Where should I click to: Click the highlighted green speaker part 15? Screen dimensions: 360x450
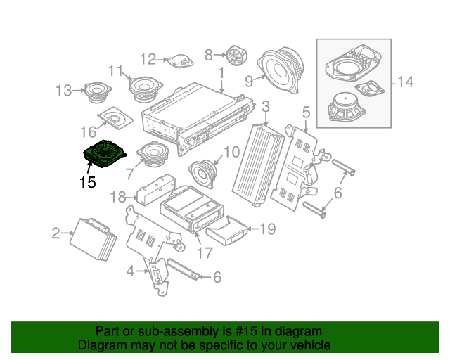(x=103, y=153)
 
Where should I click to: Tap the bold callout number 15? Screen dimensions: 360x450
(x=87, y=183)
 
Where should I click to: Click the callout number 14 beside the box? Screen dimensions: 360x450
(x=404, y=82)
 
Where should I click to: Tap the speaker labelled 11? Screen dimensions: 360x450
(x=145, y=88)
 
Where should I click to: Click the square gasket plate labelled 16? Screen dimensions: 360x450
(x=115, y=117)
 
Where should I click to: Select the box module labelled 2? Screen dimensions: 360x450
(x=92, y=238)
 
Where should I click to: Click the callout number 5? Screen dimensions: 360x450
(x=306, y=112)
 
